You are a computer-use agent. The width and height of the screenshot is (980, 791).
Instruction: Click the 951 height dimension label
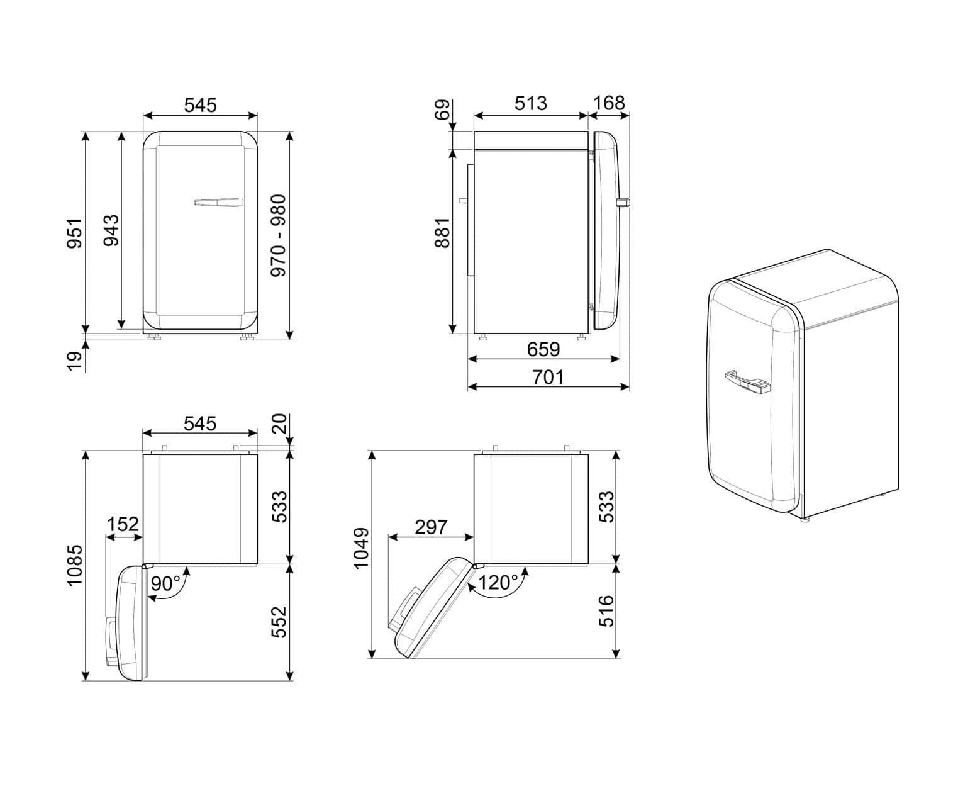click(75, 233)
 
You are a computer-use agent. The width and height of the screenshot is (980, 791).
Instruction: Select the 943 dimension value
click(111, 230)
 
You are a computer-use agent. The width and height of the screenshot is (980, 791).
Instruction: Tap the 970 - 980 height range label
click(278, 235)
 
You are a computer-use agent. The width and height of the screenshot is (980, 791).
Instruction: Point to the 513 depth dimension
click(530, 103)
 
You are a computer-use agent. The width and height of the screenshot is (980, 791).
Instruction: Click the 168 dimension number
click(609, 103)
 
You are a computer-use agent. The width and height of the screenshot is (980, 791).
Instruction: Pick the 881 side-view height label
click(442, 233)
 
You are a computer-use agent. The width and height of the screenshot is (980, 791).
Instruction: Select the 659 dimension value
click(543, 349)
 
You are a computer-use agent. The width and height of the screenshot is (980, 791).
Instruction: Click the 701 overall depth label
click(548, 377)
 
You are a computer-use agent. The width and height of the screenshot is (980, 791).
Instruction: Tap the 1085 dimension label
click(75, 565)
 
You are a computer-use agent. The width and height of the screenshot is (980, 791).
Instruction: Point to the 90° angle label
click(165, 583)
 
